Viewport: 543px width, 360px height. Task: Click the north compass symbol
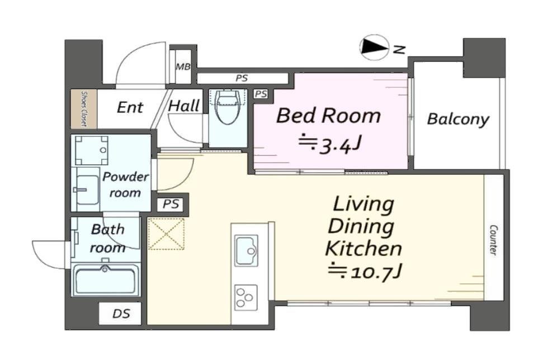[374, 48]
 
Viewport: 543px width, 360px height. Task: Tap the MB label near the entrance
[183, 67]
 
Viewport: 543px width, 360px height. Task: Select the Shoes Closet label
[84, 108]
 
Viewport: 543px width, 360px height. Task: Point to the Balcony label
[458, 120]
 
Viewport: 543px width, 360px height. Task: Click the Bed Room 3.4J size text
[330, 144]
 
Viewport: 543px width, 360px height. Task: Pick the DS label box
[120, 314]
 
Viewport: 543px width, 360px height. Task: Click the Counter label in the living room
[493, 240]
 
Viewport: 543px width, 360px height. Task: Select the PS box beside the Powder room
[171, 204]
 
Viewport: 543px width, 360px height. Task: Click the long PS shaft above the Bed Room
[242, 78]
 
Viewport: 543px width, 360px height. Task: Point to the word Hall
[184, 106]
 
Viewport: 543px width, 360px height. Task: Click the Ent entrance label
[130, 107]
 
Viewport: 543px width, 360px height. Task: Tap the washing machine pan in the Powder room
[91, 150]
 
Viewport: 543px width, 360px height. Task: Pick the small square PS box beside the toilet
[261, 94]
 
